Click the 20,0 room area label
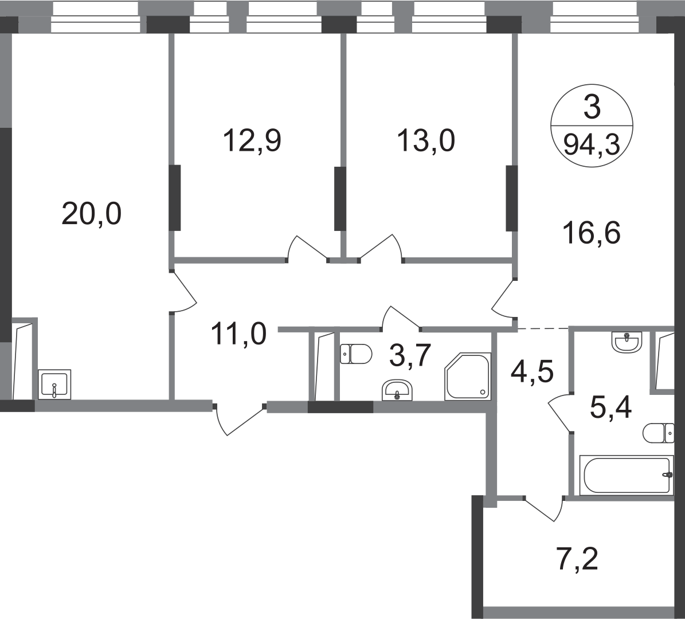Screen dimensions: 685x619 91,214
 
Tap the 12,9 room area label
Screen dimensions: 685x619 252,140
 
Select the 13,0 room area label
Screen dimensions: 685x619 426,140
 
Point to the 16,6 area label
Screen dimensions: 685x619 592,233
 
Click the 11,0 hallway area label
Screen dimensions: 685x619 238,334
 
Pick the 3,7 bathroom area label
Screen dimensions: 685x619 410,355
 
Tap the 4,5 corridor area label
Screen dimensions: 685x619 532,372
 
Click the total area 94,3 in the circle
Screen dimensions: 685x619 592,144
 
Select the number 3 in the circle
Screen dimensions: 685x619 592,107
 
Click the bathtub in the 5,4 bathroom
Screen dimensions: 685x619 627,475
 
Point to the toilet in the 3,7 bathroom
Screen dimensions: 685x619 356,354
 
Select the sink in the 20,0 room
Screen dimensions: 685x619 54,385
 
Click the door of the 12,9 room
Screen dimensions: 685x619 307,249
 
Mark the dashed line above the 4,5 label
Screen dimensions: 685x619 543,328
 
